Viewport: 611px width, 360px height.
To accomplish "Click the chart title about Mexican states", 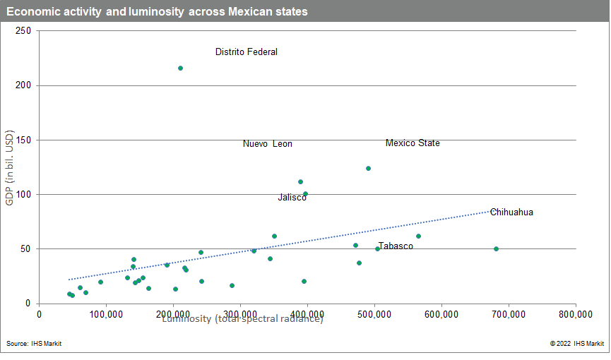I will coord(157,13).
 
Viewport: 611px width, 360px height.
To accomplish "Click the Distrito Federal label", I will coord(246,52).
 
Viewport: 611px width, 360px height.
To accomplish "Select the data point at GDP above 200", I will coord(180,68).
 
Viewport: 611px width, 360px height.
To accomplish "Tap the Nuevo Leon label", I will coord(267,144).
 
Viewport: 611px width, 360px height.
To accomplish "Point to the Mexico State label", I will coord(413,143).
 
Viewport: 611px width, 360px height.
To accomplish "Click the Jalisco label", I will coord(292,198).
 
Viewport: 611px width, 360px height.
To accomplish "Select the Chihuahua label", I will coord(511,212).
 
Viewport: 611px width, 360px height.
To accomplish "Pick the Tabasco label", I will coord(396,246).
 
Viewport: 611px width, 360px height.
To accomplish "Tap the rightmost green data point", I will coord(496,248).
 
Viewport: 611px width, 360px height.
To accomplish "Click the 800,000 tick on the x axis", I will coord(576,314).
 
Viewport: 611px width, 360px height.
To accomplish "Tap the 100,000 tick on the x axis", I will coord(106,314).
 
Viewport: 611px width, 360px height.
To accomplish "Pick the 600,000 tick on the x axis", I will coord(441,314).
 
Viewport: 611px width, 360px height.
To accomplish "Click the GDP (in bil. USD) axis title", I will coord(10,167).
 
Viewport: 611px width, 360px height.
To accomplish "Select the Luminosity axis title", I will coord(242,319).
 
